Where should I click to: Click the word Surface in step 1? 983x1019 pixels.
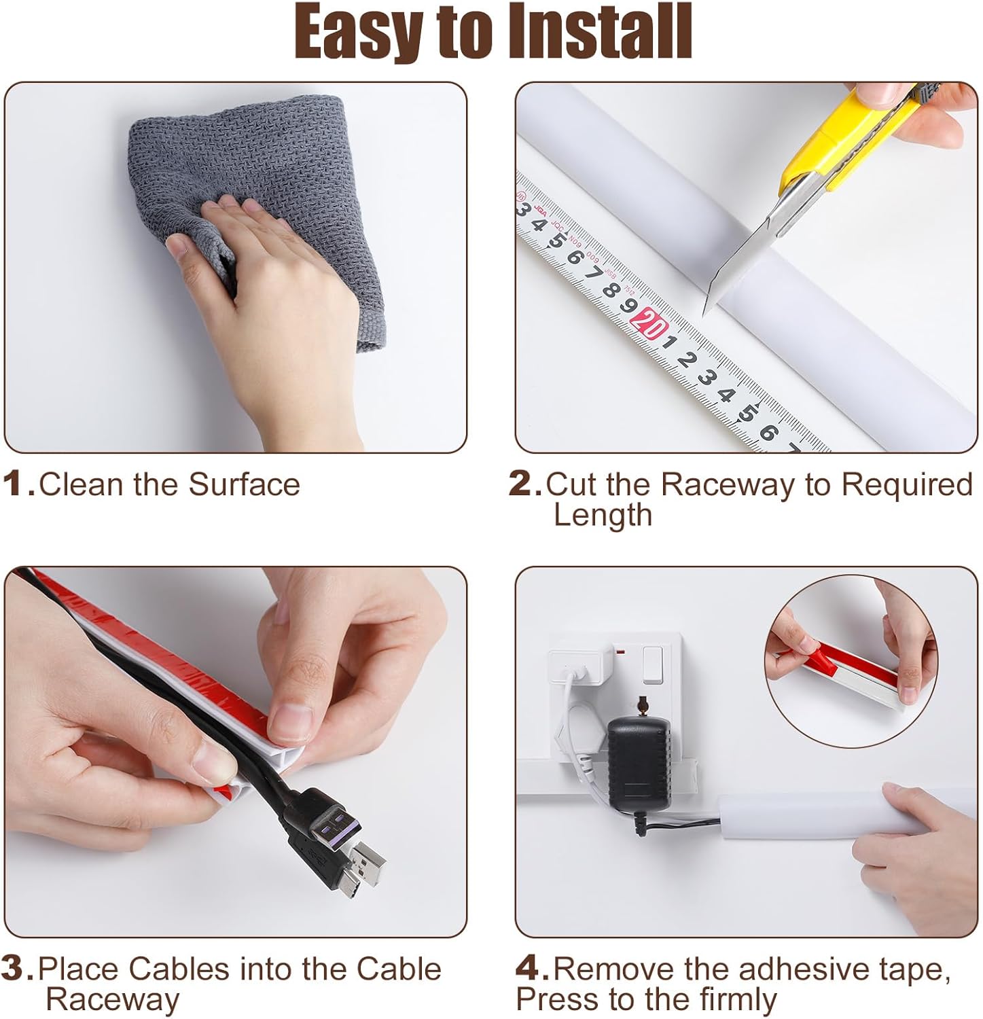coord(244,484)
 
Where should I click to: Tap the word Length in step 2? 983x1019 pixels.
coord(603,515)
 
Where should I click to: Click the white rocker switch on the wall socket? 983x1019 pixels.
coord(653,664)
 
